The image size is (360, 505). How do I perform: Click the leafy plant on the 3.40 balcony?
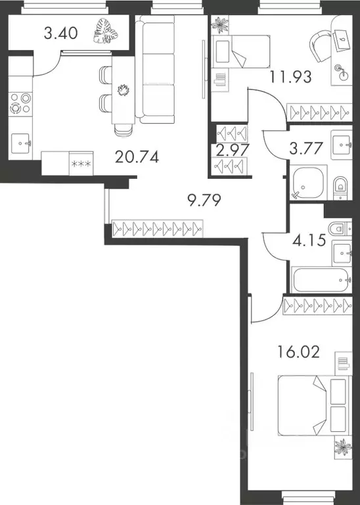pos(103,32)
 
